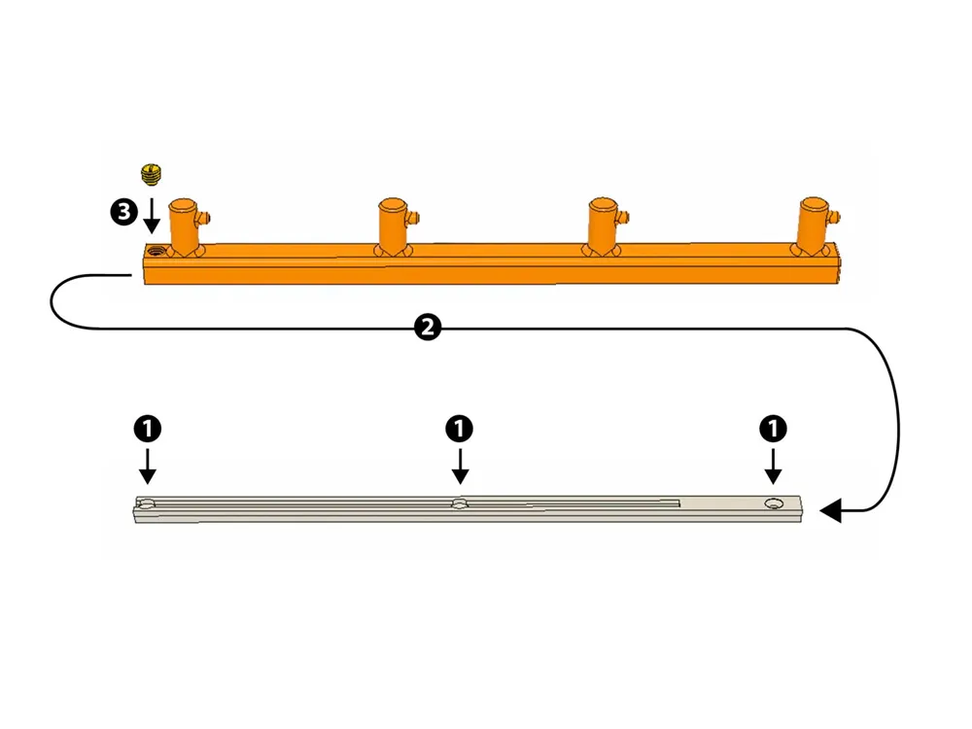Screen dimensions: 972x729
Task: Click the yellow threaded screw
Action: (x=152, y=174)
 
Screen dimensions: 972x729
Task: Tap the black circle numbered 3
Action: (x=124, y=212)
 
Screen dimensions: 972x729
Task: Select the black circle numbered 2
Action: (x=428, y=327)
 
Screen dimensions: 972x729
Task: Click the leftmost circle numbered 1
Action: (x=148, y=429)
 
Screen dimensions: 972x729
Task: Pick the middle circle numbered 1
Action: (x=460, y=429)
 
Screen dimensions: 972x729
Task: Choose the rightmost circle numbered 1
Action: (x=773, y=429)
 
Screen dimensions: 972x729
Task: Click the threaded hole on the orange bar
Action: (x=156, y=251)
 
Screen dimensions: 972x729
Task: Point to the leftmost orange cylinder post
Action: (x=184, y=226)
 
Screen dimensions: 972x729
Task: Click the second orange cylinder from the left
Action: (x=393, y=226)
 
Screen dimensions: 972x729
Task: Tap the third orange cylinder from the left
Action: (x=603, y=226)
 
